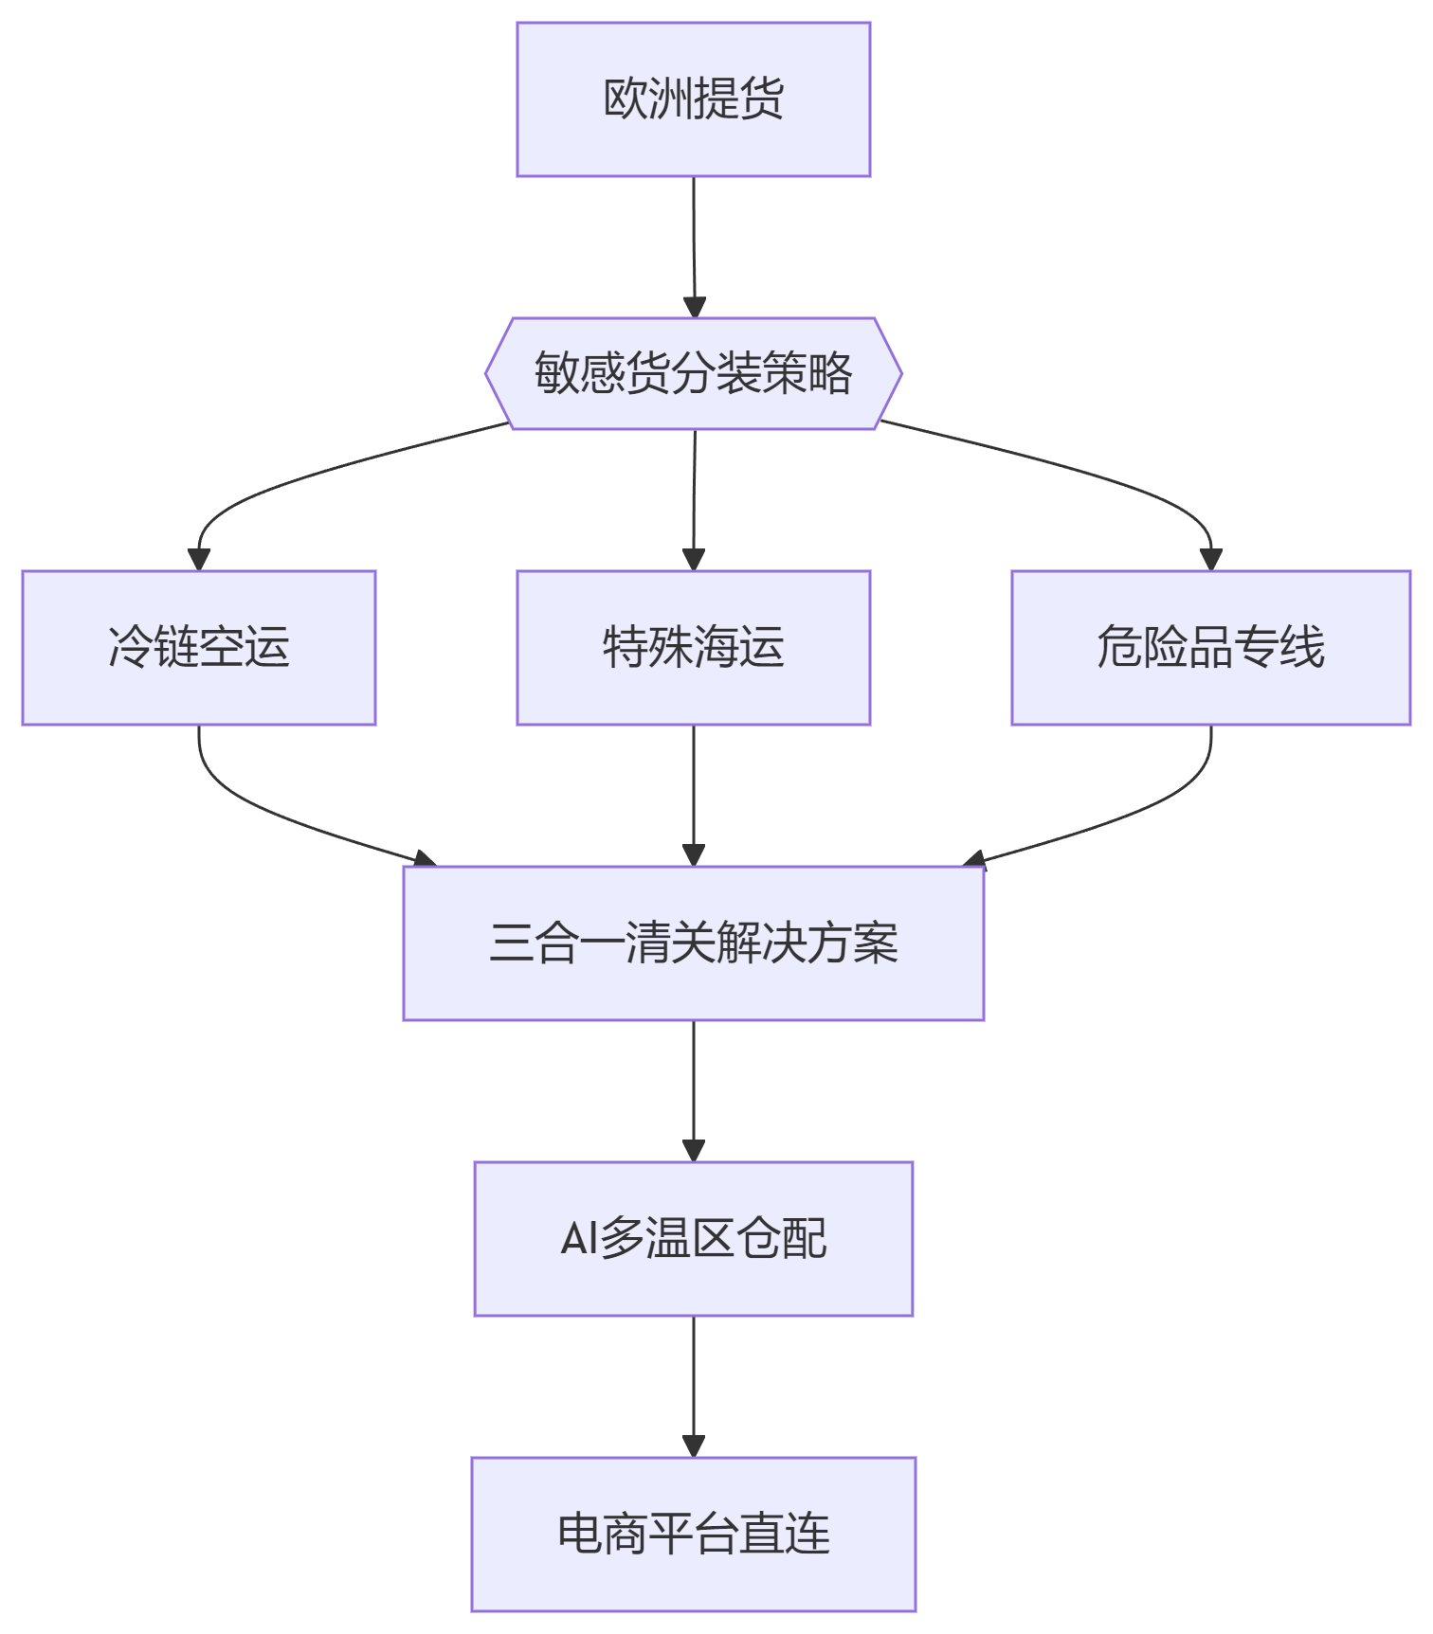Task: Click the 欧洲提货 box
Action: coord(693,99)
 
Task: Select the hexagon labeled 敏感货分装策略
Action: coord(693,373)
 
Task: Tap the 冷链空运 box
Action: coord(199,648)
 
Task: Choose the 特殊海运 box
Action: coord(693,648)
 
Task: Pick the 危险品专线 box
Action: coord(1210,648)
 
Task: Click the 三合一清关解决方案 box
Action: coord(693,943)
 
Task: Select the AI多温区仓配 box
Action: coord(693,1239)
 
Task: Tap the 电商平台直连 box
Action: coord(693,1535)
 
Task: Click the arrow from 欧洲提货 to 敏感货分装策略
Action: coord(694,246)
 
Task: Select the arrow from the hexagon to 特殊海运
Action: coord(694,497)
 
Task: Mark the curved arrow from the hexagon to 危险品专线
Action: coord(1109,478)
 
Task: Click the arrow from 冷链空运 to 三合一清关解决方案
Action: coord(275,815)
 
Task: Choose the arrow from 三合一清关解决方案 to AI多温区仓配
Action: coord(694,1089)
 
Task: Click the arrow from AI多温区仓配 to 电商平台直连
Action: coord(694,1385)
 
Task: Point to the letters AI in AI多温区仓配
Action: coord(579,1239)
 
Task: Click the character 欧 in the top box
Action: coord(626,99)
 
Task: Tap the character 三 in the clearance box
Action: coord(512,943)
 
